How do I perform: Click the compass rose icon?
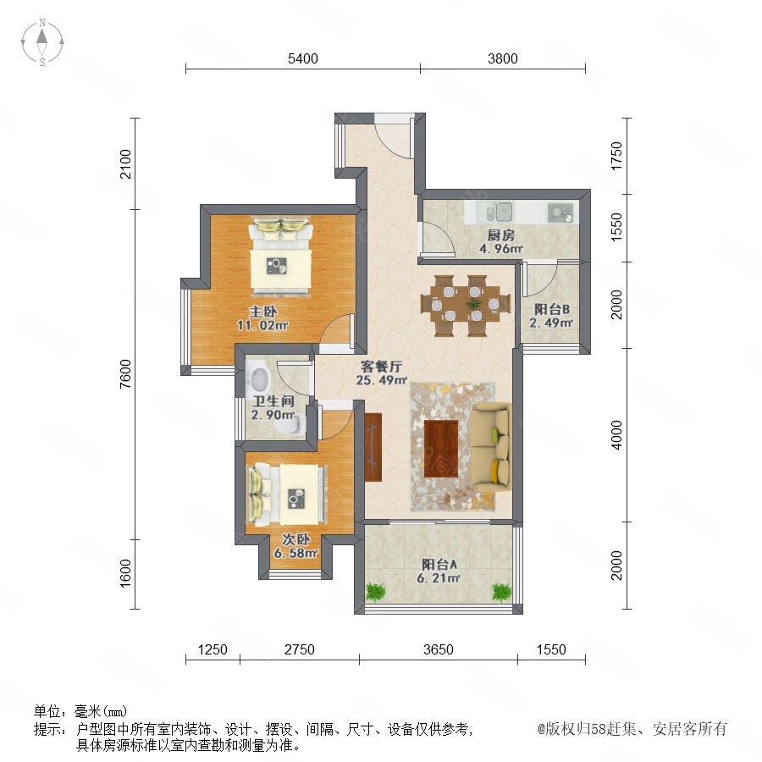(x=42, y=42)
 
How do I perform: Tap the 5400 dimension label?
(x=303, y=58)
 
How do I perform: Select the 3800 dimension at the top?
(x=502, y=58)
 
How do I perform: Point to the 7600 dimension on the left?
(x=125, y=373)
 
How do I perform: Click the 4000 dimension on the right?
(x=616, y=435)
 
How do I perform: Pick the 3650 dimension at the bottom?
(x=438, y=649)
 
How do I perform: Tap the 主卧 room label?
(x=263, y=311)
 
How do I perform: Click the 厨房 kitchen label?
(x=500, y=235)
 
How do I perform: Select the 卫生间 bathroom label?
(x=273, y=401)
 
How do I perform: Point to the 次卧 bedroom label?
(x=296, y=539)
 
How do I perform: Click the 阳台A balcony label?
(x=439, y=565)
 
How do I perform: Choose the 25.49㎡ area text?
(x=382, y=380)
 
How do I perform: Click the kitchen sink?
(x=501, y=212)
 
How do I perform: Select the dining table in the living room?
(x=466, y=306)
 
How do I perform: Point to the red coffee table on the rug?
(x=441, y=449)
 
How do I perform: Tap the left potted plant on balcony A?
(x=375, y=592)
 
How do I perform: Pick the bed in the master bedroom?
(x=281, y=257)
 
